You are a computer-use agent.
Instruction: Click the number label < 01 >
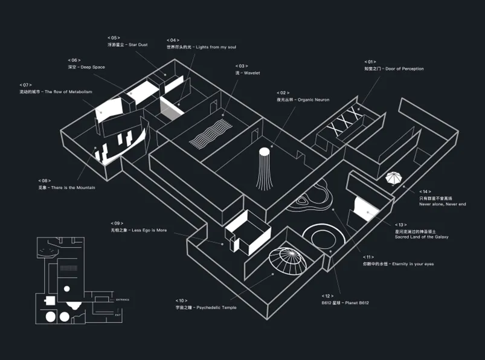point(370,62)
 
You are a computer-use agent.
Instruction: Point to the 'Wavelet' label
point(247,72)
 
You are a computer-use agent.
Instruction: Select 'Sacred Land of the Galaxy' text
point(421,237)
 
